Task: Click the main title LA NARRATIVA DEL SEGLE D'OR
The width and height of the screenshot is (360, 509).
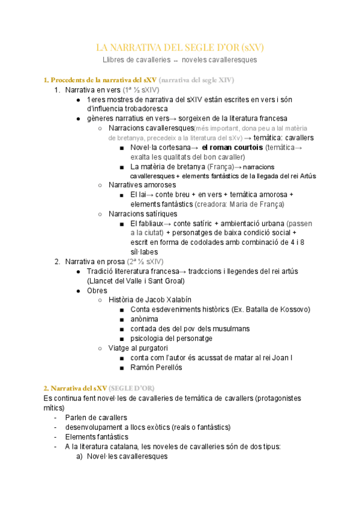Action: (180, 47)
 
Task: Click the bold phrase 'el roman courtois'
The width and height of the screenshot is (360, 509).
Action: (232, 147)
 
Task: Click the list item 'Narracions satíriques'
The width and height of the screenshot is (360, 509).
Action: (143, 214)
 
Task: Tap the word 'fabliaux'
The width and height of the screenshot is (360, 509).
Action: (155, 223)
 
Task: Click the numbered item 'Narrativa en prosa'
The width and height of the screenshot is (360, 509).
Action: (94, 262)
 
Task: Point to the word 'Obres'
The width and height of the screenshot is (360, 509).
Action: (97, 291)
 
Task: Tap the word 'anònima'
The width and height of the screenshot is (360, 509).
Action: (144, 319)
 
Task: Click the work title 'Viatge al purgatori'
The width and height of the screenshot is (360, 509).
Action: (138, 348)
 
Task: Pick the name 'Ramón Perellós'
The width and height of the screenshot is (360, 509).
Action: (155, 367)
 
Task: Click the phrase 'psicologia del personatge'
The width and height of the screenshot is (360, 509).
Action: (171, 339)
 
